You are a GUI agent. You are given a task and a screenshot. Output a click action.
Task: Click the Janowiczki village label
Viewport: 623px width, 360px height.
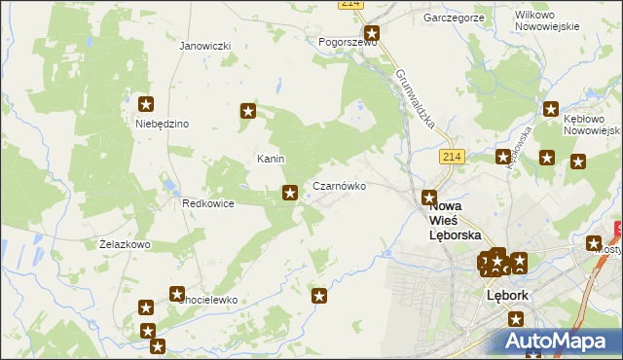204,46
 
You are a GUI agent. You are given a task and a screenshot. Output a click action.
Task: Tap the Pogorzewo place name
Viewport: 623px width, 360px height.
347,43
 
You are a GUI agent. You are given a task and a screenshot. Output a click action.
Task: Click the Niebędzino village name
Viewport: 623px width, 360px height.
162,124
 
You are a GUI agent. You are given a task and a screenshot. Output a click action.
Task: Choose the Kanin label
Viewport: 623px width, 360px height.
270,159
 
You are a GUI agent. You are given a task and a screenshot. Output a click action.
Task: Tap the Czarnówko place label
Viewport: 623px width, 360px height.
339,185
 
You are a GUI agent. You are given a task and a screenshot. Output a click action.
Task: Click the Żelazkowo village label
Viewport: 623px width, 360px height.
125,244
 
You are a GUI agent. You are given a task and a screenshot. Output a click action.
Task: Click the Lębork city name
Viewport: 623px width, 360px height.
506,296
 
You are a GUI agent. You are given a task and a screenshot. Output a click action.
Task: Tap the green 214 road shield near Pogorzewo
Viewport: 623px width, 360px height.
352,5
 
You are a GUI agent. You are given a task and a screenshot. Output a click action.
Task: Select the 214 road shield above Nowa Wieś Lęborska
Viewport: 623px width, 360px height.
450,156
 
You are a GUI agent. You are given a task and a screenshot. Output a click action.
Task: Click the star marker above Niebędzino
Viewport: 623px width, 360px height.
147,104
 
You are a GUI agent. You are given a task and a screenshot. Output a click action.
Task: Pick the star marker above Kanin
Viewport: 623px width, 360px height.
248,112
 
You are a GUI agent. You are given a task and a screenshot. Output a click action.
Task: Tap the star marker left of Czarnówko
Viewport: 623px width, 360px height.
289,194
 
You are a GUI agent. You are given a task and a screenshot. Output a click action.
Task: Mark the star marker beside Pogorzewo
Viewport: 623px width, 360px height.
370,32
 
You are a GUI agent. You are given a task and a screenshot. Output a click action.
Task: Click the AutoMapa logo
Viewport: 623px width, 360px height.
554,342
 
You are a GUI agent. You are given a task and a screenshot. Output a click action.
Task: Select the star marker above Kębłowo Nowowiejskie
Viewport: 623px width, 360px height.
552,110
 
